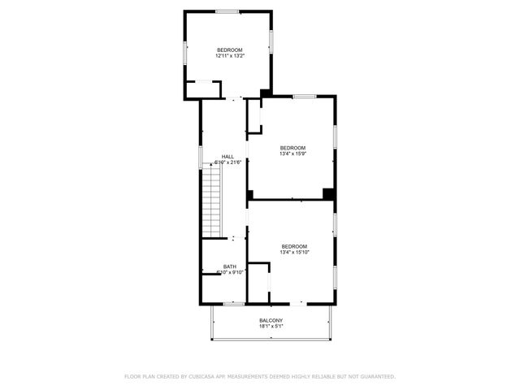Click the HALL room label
[228, 157]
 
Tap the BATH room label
[230, 266]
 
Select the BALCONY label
[271, 321]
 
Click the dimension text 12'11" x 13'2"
[230, 56]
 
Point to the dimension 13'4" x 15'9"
[293, 154]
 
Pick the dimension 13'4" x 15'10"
[295, 253]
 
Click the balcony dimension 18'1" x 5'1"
[271, 327]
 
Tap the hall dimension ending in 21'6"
[228, 162]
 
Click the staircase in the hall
[212, 199]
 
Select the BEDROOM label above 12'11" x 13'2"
[230, 50]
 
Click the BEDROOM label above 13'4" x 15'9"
[293, 148]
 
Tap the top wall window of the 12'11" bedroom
[227, 11]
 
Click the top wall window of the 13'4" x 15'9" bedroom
[304, 96]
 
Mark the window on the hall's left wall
[201, 157]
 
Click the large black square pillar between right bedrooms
[328, 193]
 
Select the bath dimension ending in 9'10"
[230, 272]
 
